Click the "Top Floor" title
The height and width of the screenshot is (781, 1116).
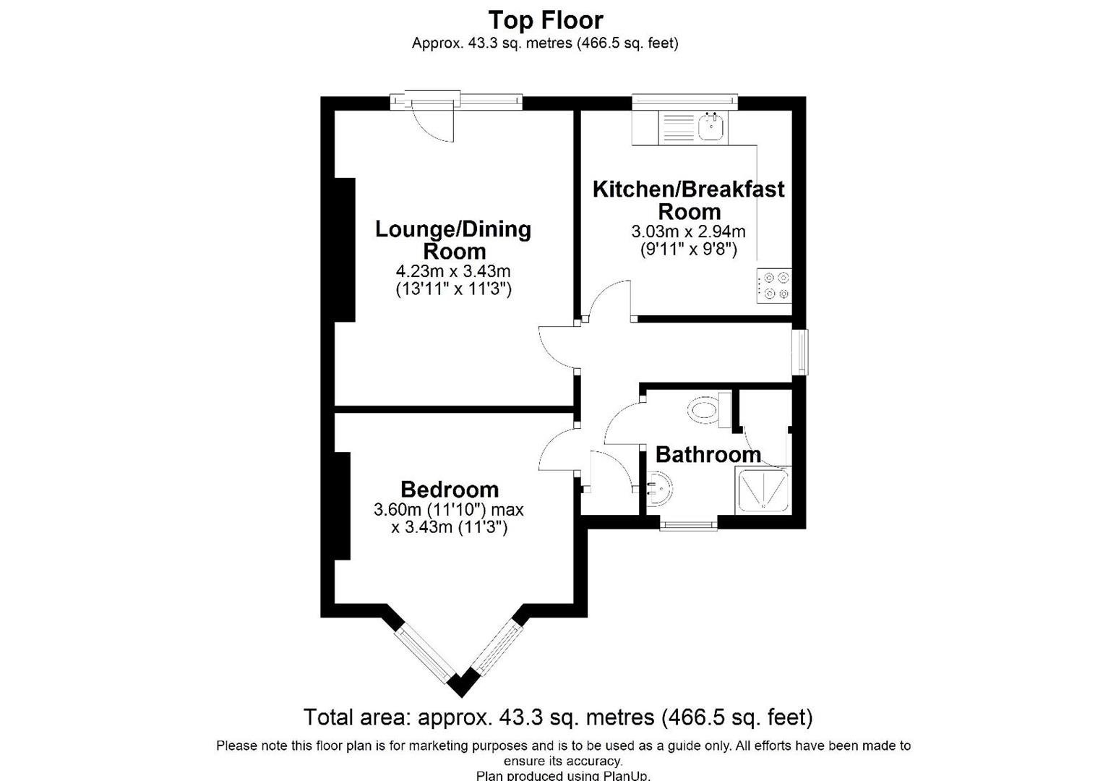545,20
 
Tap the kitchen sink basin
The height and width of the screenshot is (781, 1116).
712,127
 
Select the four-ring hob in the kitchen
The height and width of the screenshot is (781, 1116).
774,285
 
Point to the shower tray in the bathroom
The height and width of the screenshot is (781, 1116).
763,491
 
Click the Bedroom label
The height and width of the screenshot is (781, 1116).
449,490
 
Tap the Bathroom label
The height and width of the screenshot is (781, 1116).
708,455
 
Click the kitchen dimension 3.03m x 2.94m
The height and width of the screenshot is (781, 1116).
688,232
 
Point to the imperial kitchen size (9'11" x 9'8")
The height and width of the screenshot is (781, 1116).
688,250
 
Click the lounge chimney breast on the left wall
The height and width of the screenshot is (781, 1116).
344,249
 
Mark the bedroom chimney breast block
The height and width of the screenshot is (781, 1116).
342,505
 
